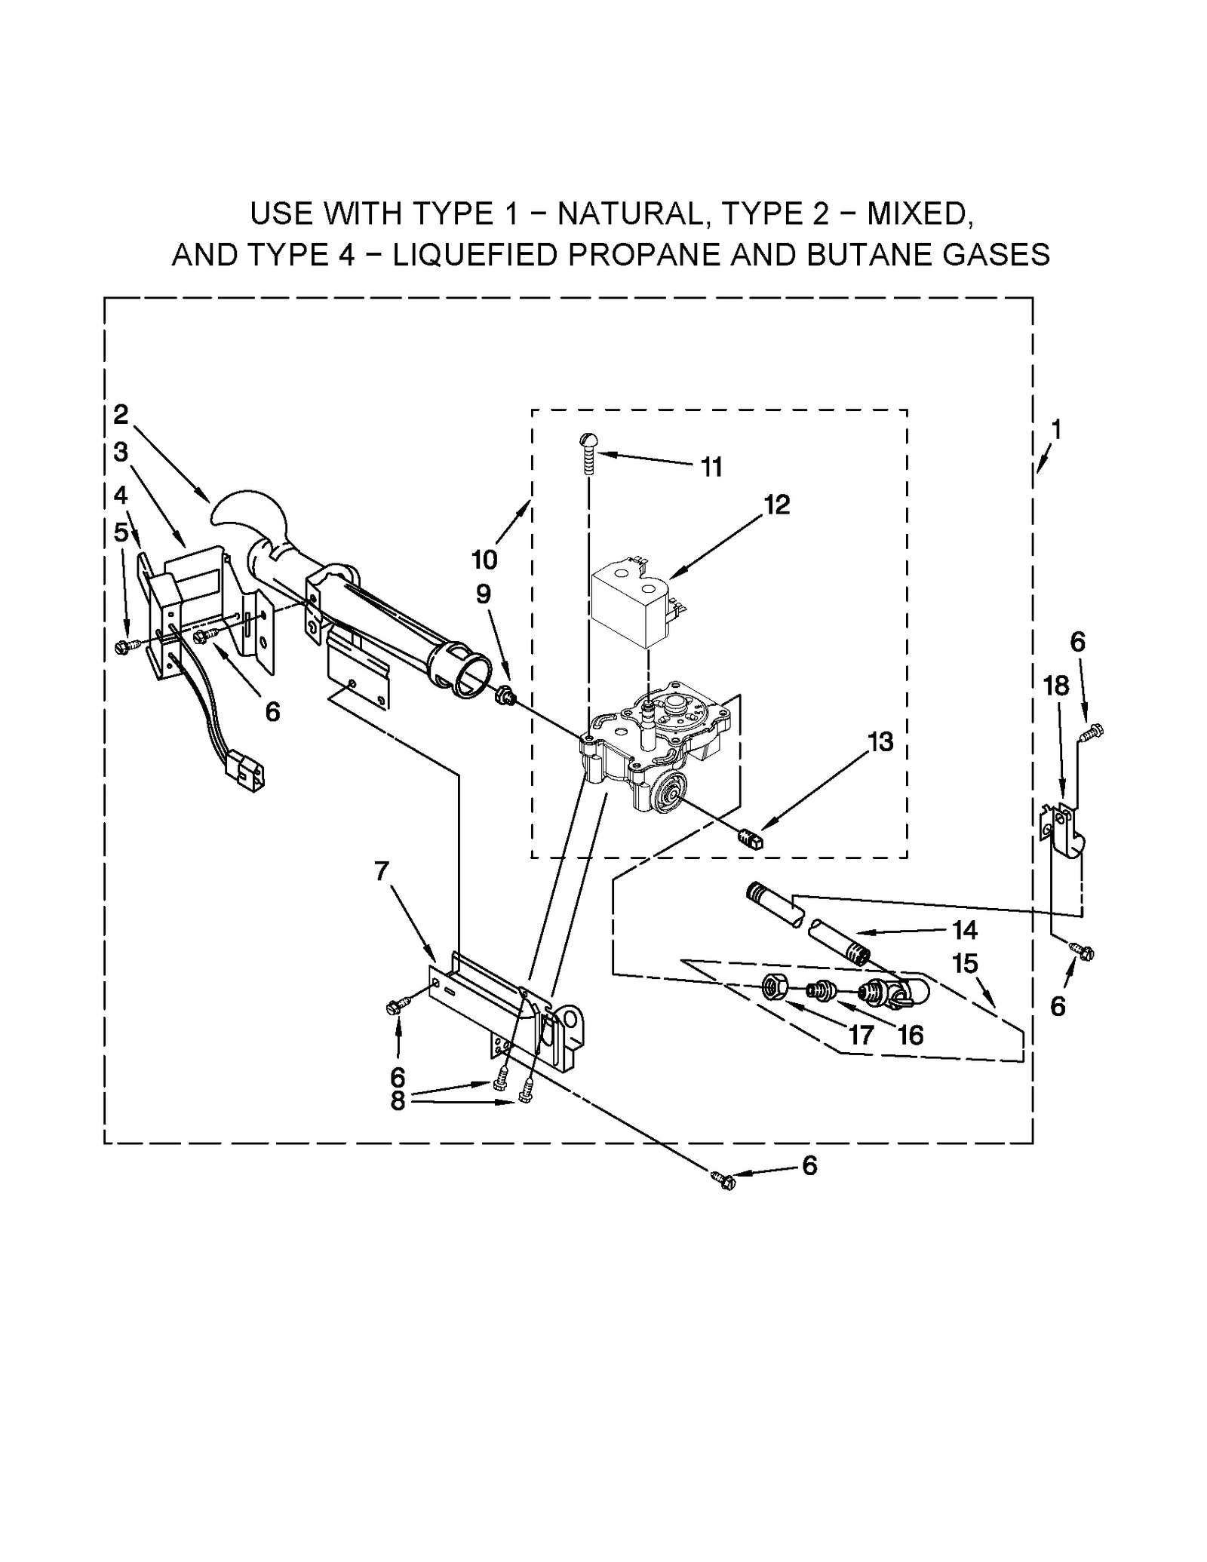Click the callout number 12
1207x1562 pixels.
pyautogui.click(x=776, y=505)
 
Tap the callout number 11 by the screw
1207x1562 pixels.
pyautogui.click(x=711, y=468)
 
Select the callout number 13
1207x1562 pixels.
pyautogui.click(x=880, y=742)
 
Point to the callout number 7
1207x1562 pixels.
pyautogui.click(x=382, y=871)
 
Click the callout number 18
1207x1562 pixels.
pyautogui.click(x=1055, y=686)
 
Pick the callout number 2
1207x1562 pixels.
pyautogui.click(x=121, y=414)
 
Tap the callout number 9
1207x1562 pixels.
pyautogui.click(x=483, y=594)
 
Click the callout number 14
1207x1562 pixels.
pyautogui.click(x=964, y=931)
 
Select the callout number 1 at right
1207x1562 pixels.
pyautogui.click(x=1056, y=430)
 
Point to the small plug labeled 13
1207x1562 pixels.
pyautogui.click(x=751, y=839)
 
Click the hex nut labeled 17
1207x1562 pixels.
pyautogui.click(x=773, y=986)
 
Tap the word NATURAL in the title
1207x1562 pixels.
pyautogui.click(x=629, y=214)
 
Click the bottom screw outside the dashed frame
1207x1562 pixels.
pyautogui.click(x=723, y=1180)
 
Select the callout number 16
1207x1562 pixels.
pyautogui.click(x=910, y=1036)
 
